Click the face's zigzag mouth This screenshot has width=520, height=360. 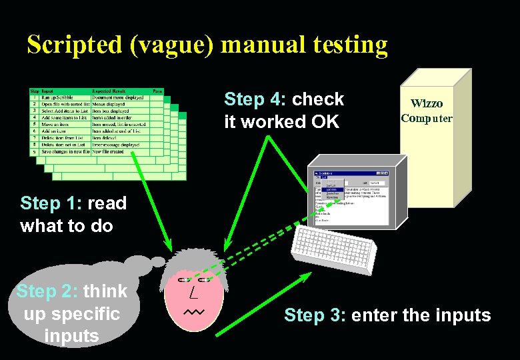194,311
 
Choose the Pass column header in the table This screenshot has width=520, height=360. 157,91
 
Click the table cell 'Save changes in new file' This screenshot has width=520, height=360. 65,151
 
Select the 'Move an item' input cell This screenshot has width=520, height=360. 56,124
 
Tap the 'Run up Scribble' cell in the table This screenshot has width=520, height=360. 57,97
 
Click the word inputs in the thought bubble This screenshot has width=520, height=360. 71,335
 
